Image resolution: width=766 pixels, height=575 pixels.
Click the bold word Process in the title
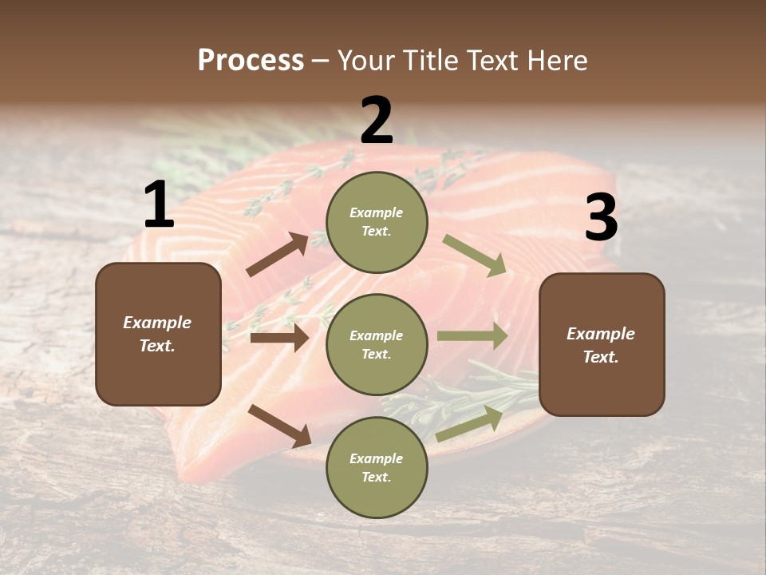pos(251,60)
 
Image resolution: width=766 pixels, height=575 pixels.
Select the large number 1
pos(159,205)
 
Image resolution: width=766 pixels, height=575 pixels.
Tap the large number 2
pos(377,121)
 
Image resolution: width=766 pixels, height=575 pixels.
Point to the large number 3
pos(601,218)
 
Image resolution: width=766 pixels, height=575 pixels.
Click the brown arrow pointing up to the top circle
pos(278,255)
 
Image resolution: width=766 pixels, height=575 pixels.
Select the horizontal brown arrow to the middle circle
pos(279,338)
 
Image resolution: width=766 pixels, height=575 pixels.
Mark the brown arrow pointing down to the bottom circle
pos(280,426)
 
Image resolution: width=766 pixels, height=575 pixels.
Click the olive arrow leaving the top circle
pos(475,256)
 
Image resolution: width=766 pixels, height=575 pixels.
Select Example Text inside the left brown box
pos(158,334)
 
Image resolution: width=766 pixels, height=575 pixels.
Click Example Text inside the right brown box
pos(601,345)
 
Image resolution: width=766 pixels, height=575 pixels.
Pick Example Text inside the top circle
pos(377,222)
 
